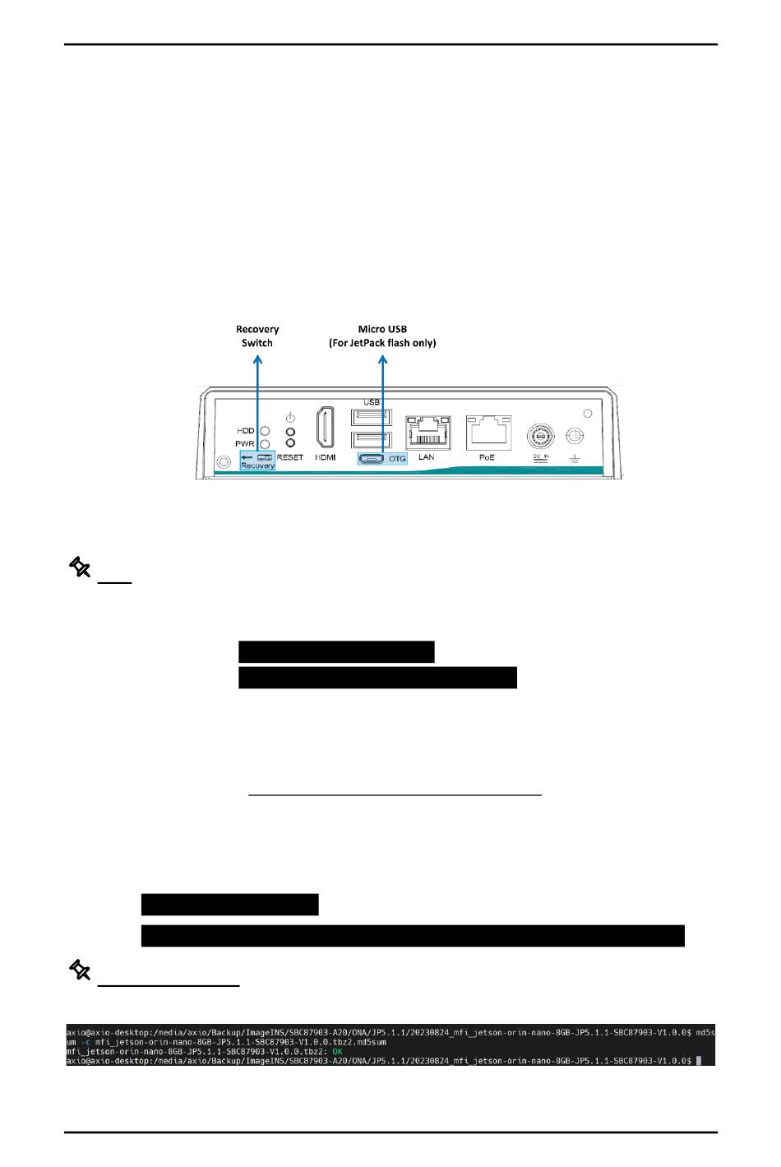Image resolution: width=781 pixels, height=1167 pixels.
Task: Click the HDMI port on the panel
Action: pos(325,428)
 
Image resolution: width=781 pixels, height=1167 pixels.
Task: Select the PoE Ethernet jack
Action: pos(488,431)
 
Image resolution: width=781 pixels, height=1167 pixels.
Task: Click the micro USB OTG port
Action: pos(370,458)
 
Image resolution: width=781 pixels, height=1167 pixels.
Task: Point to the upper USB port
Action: pos(371,416)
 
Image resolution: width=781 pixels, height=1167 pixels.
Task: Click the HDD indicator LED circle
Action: pos(265,430)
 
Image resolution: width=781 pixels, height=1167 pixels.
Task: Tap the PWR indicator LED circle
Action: pos(265,444)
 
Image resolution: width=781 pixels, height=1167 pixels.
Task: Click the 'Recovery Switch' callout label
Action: pos(257,336)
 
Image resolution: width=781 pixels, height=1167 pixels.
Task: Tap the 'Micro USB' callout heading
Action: pos(382,329)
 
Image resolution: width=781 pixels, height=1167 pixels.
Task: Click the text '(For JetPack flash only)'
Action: pos(382,342)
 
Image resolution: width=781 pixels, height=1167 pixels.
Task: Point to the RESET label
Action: pos(290,457)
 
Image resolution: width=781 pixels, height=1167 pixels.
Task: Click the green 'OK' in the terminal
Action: pos(337,1051)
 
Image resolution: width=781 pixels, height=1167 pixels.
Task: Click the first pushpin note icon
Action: pos(79,567)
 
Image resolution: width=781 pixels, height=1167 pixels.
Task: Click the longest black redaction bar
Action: pos(413,936)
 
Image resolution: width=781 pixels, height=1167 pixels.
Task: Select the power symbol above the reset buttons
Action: pos(290,417)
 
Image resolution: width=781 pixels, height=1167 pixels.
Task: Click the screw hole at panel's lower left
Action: pos(222,463)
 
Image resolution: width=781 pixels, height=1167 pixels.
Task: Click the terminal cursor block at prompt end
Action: pos(698,1061)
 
